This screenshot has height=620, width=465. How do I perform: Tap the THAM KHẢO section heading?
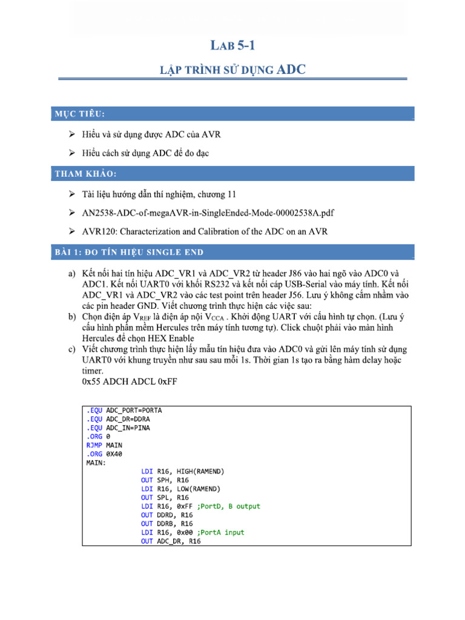point(85,174)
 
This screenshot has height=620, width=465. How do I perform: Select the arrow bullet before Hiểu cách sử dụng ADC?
point(72,153)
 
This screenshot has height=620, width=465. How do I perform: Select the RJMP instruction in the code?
point(95,445)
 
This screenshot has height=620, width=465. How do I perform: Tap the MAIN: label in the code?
point(96,463)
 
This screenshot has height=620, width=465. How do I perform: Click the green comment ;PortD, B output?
point(228,506)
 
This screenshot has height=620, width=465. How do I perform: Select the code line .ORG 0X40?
point(105,454)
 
